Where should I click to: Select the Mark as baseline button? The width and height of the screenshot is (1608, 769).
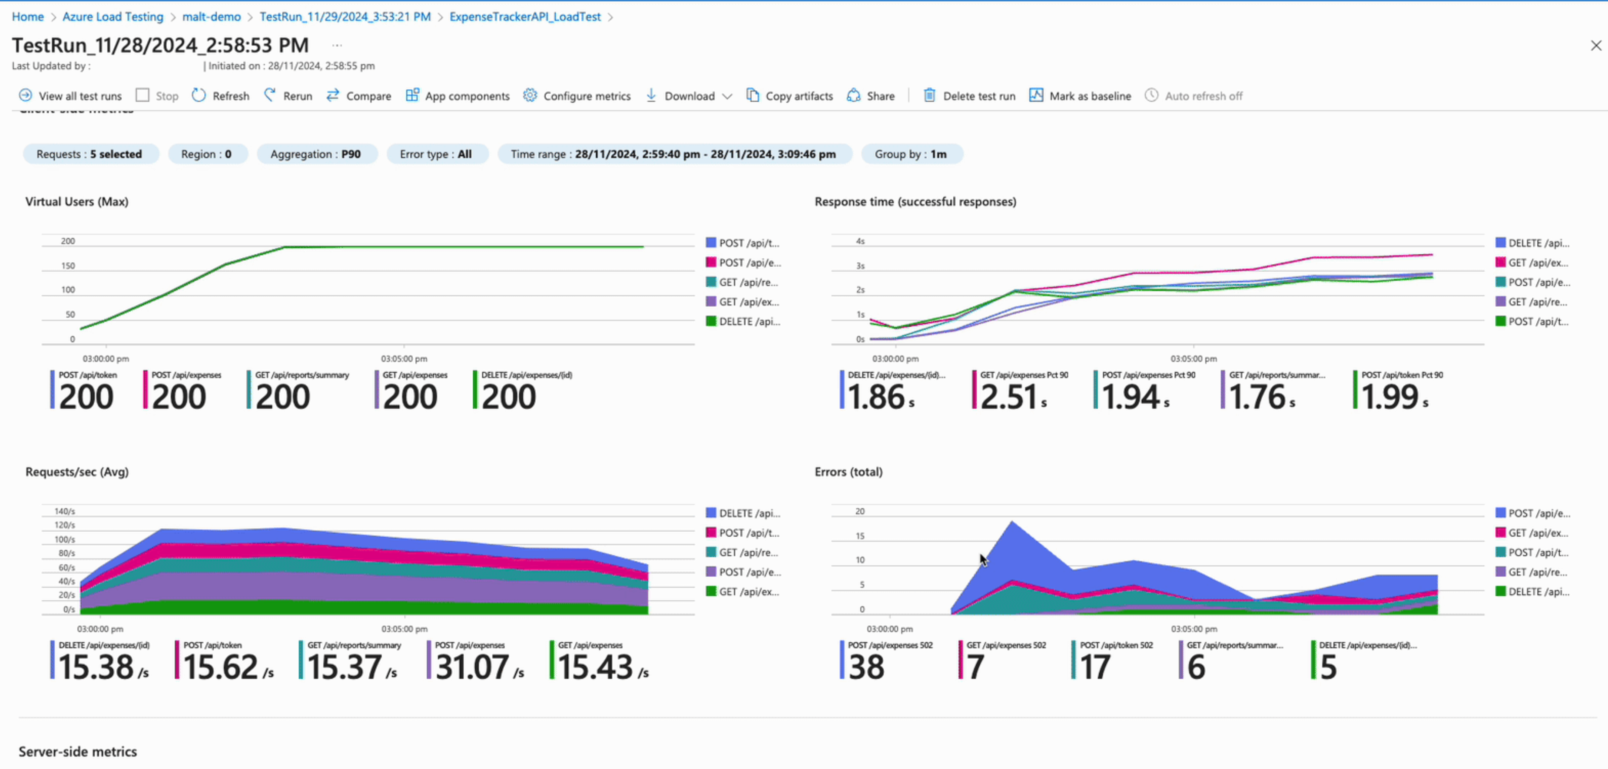pos(1080,96)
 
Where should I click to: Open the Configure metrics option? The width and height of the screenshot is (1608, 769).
pos(577,96)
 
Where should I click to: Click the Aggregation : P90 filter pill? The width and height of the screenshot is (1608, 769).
pos(315,154)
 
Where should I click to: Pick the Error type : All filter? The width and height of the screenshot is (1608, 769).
pos(436,154)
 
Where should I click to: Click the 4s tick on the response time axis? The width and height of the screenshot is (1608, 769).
pos(860,241)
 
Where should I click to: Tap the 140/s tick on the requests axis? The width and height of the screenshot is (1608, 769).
pos(64,511)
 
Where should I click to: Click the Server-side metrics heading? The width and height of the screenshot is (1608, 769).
pos(77,752)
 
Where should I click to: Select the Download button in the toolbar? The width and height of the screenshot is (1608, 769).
pos(689,96)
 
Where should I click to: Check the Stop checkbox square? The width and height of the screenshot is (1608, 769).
pos(143,95)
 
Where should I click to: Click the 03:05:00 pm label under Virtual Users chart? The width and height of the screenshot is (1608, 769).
pos(404,358)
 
